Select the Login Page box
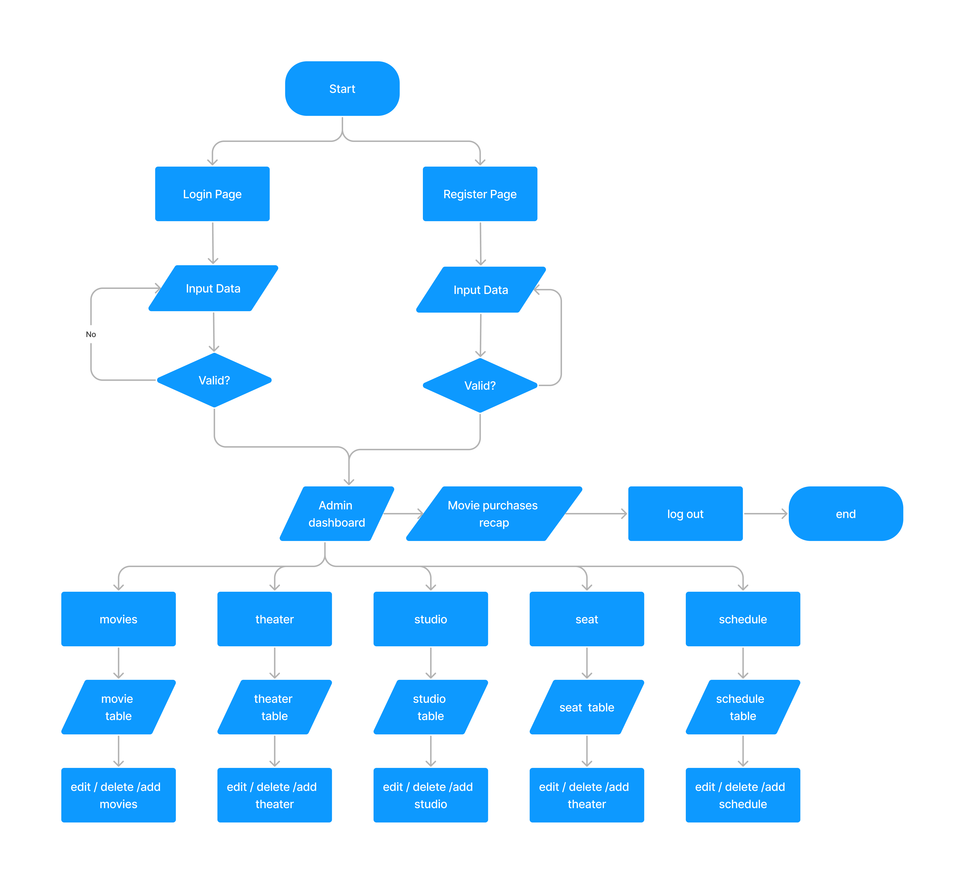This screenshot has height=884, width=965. coord(212,194)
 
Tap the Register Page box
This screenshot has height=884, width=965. coord(480,194)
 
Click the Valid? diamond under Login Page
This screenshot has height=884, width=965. coord(214,380)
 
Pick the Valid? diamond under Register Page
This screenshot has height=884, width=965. coord(480,385)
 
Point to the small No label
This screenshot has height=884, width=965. coord(91,334)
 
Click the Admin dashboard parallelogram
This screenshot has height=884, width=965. coord(336,513)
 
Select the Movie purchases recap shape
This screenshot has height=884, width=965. coord(494,513)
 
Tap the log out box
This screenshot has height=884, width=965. coord(685,513)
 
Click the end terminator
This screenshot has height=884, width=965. coord(845,513)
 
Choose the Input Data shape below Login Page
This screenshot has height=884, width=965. coord(213,288)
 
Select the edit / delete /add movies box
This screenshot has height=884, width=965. coord(118,795)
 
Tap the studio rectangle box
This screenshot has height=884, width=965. coord(430,619)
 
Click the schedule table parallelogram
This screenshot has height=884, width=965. coord(742,707)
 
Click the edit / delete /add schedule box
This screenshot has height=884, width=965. coord(742,795)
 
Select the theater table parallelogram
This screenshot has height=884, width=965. coord(274,707)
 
